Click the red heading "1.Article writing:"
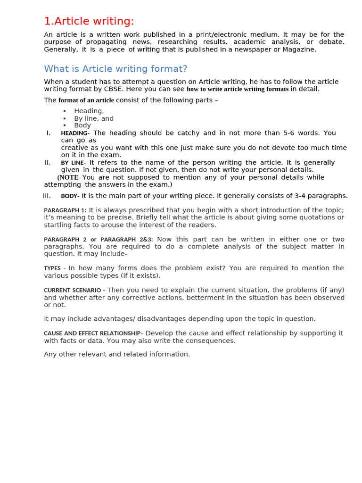click(89, 21)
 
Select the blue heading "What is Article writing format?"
click(115, 69)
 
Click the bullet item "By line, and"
click(94, 118)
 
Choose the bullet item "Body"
click(82, 125)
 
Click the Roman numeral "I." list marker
click(49, 133)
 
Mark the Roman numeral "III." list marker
click(47, 196)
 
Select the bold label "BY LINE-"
click(72, 163)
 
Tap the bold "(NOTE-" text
click(69, 178)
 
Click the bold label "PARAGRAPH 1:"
click(65, 210)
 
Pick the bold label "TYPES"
click(52, 268)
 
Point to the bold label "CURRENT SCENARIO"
click(73, 290)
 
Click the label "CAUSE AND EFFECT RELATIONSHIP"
click(92, 333)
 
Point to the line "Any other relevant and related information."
click(117, 354)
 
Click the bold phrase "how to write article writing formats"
click(238, 89)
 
